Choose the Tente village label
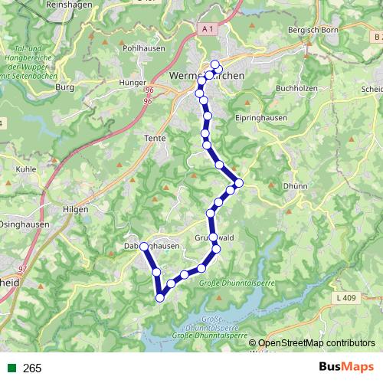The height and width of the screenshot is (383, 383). click(x=155, y=139)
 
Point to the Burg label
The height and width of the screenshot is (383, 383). click(x=64, y=87)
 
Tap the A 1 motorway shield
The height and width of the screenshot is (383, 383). click(x=206, y=30)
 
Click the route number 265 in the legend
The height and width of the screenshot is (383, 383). click(x=32, y=368)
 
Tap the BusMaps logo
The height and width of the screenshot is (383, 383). click(x=343, y=368)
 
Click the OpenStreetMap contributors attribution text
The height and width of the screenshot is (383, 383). click(x=318, y=343)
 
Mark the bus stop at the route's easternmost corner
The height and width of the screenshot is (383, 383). click(x=239, y=182)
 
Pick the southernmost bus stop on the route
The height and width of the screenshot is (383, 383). click(x=160, y=297)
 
